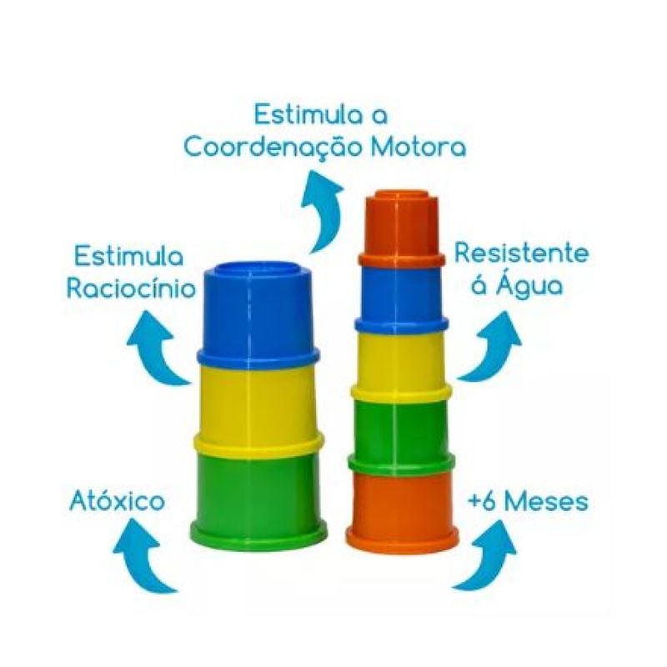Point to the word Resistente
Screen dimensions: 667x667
pyautogui.click(x=521, y=253)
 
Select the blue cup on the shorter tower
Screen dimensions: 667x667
pyautogui.click(x=258, y=313)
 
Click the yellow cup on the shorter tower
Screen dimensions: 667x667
pyautogui.click(x=258, y=400)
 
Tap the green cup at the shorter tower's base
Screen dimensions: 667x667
pyautogui.click(x=258, y=492)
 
